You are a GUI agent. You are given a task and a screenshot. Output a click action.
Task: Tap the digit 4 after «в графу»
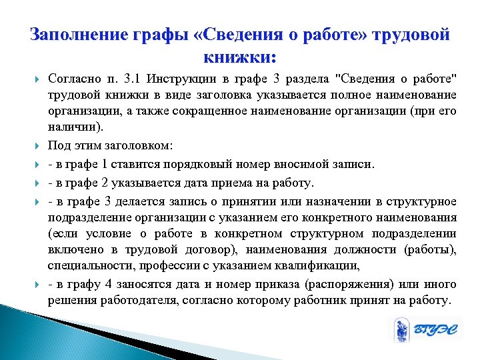pyautogui.click(x=107, y=283)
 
